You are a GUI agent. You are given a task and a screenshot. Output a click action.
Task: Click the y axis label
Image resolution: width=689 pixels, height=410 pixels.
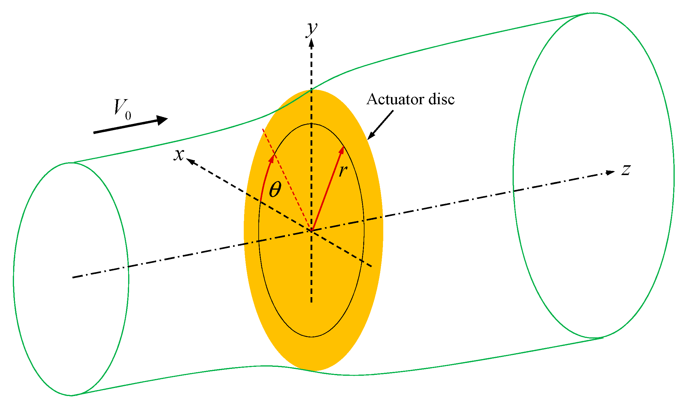pyautogui.click(x=312, y=29)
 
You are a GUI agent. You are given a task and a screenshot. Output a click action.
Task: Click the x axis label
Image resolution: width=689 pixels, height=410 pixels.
pyautogui.click(x=179, y=155)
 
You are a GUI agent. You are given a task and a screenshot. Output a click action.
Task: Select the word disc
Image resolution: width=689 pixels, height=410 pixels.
pyautogui.click(x=441, y=99)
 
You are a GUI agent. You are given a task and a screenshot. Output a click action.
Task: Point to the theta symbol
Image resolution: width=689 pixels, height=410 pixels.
pyautogui.click(x=275, y=190)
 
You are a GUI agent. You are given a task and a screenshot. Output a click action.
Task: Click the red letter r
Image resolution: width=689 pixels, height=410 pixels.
pyautogui.click(x=343, y=171)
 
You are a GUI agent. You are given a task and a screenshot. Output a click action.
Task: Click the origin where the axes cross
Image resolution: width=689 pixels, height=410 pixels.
pyautogui.click(x=311, y=230)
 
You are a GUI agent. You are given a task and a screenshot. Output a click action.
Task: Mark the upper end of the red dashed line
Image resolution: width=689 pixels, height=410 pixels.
pyautogui.click(x=263, y=129)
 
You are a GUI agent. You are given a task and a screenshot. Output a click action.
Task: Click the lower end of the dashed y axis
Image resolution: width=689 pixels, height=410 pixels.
pyautogui.click(x=311, y=302)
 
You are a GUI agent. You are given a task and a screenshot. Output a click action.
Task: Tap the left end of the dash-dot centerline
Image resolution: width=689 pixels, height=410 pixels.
pyautogui.click(x=73, y=278)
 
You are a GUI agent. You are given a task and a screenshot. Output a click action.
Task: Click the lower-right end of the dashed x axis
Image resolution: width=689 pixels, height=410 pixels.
pyautogui.click(x=371, y=266)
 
